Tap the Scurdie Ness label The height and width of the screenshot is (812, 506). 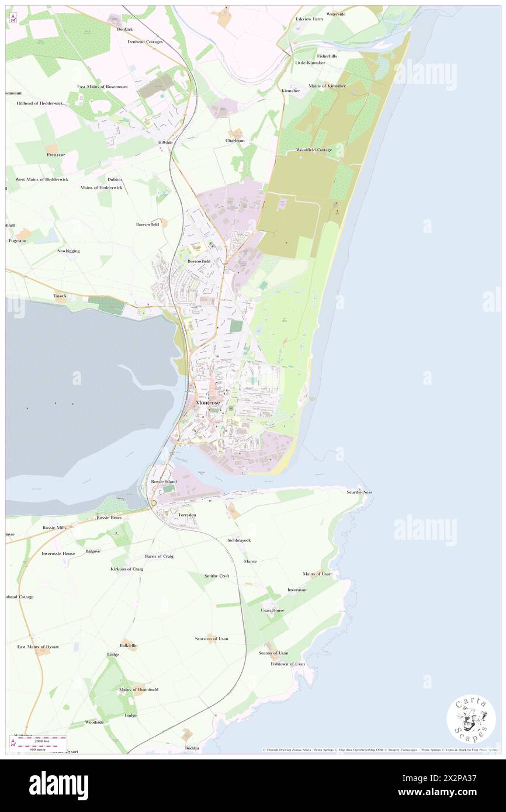pyautogui.click(x=360, y=492)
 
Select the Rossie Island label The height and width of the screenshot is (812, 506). pyautogui.click(x=164, y=481)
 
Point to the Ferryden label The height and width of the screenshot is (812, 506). pyautogui.click(x=188, y=515)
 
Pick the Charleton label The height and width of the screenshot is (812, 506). pyautogui.click(x=235, y=141)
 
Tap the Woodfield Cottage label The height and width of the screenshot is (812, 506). pyautogui.click(x=314, y=150)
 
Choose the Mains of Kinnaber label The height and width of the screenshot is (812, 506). pyautogui.click(x=327, y=86)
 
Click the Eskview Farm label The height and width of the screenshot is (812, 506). pyautogui.click(x=309, y=19)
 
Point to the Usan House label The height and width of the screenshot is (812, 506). pyautogui.click(x=273, y=610)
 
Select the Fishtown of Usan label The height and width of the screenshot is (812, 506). pyautogui.click(x=287, y=664)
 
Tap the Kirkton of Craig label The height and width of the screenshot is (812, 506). pyautogui.click(x=127, y=568)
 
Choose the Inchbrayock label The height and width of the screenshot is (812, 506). pyautogui.click(x=239, y=540)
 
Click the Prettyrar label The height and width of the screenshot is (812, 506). pyautogui.click(x=57, y=155)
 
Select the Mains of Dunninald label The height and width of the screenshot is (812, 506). pyautogui.click(x=138, y=689)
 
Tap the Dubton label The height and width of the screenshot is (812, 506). pyautogui.click(x=115, y=179)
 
